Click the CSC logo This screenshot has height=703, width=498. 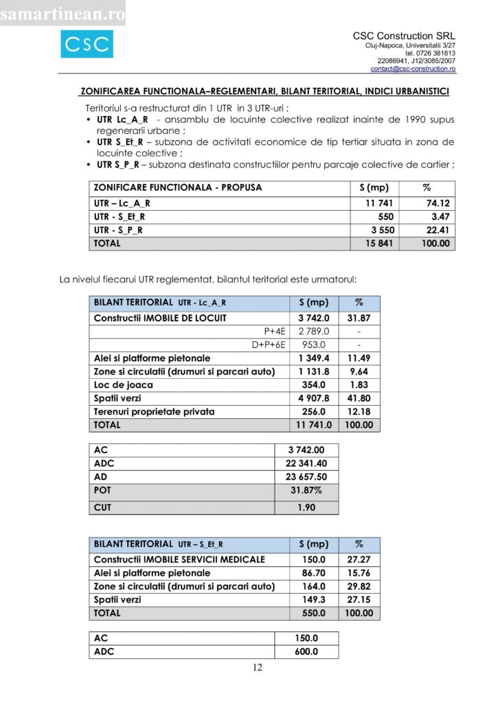[87, 45]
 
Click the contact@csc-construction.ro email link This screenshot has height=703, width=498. [413, 69]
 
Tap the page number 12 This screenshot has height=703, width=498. [258, 668]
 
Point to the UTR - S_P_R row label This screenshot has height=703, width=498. [119, 230]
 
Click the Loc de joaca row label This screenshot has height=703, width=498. [124, 384]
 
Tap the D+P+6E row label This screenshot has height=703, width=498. [269, 345]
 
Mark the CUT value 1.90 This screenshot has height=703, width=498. [306, 507]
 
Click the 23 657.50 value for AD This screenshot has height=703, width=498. [306, 476]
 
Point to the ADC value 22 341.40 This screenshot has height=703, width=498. [306, 463]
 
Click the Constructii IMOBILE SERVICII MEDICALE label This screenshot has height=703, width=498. [179, 560]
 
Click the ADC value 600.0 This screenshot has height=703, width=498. [306, 652]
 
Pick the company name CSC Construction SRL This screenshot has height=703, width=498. [404, 36]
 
